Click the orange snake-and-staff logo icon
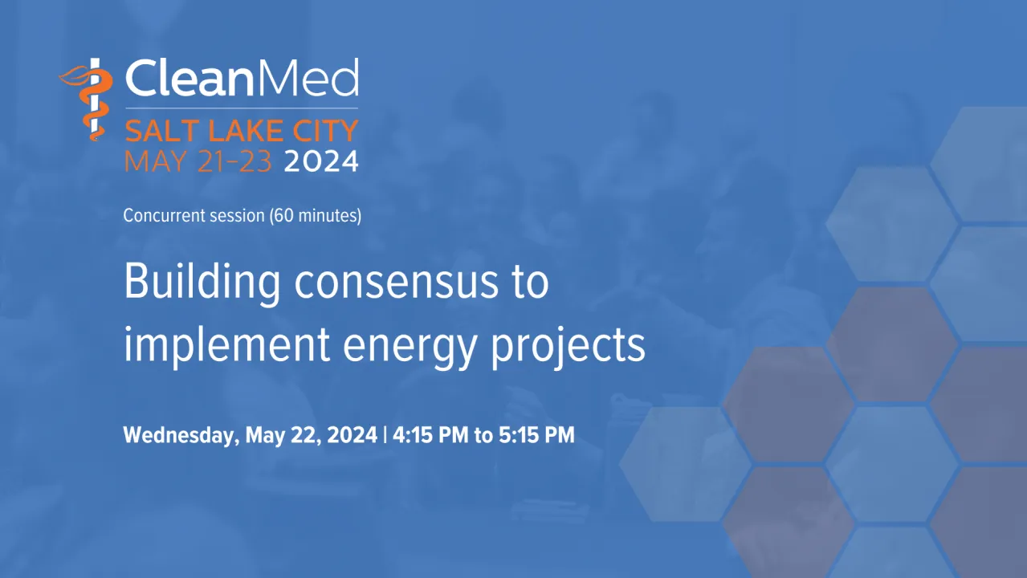click(x=87, y=99)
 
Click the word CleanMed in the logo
click(x=242, y=77)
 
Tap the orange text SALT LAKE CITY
click(x=241, y=131)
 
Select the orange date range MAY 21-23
click(x=198, y=161)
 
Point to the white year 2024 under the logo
click(x=321, y=161)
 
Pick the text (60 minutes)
click(x=316, y=216)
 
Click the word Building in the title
click(x=202, y=282)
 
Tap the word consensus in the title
click(x=396, y=283)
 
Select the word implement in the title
click(x=227, y=345)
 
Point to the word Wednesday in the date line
click(x=181, y=435)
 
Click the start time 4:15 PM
click(x=430, y=434)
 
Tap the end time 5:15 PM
click(x=536, y=434)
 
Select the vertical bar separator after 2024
click(x=385, y=434)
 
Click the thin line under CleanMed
click(x=242, y=108)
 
